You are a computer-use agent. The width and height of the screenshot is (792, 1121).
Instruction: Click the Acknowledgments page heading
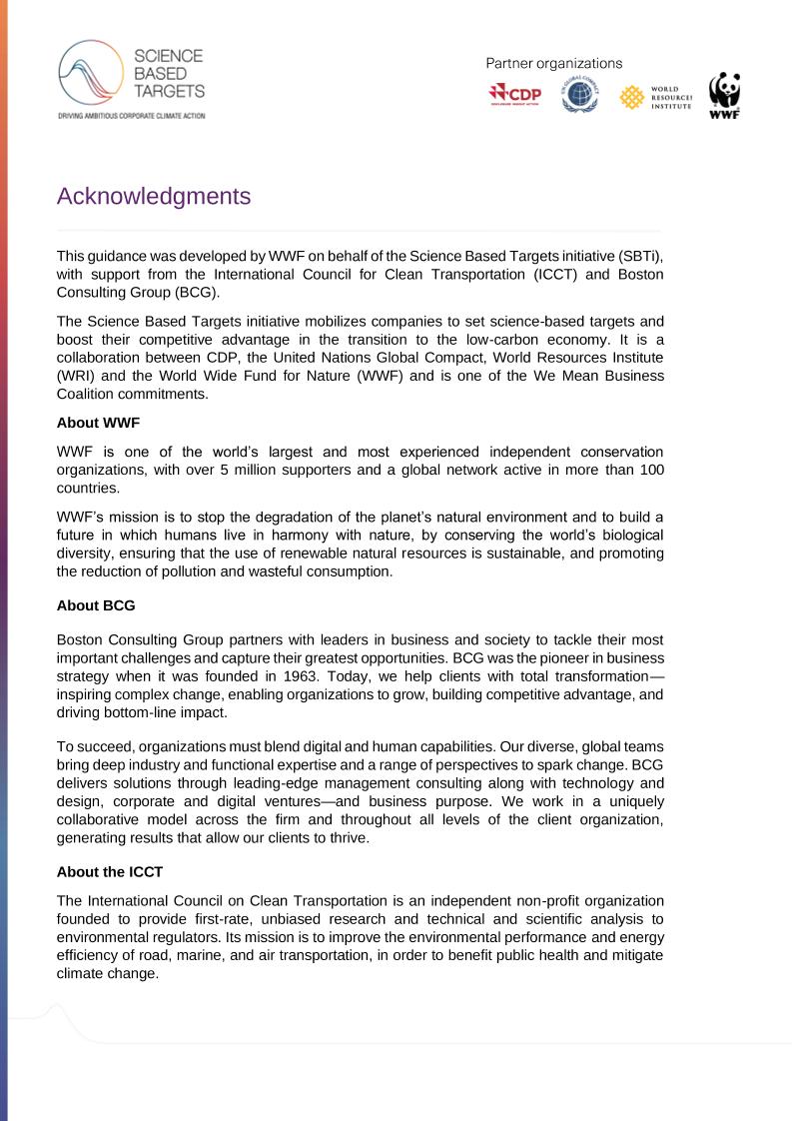point(154,197)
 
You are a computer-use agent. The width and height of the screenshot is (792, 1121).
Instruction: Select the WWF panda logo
point(724,96)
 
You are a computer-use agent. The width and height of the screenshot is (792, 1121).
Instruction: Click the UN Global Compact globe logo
point(579,96)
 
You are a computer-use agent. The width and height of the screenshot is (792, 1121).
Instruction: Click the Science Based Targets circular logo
point(90,74)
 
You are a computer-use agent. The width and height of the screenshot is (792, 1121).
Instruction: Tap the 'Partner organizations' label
point(553,63)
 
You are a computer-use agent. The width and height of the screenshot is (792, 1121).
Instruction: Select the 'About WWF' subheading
point(98,423)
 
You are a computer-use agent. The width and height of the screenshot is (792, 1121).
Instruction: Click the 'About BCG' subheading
point(96,605)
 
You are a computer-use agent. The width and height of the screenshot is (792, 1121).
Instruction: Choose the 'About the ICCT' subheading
point(110,844)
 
